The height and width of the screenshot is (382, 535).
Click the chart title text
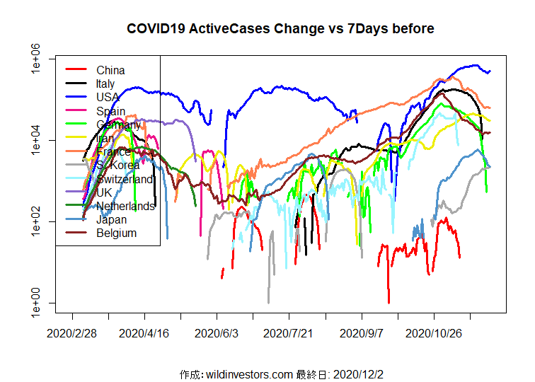click(x=280, y=29)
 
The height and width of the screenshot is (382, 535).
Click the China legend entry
click(x=110, y=70)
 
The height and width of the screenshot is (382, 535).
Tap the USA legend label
click(x=108, y=97)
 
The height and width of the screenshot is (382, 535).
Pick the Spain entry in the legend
click(x=110, y=111)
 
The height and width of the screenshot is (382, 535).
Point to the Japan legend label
click(x=113, y=219)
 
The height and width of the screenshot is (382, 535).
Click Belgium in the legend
click(x=116, y=233)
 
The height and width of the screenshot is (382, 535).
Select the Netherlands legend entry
click(x=125, y=206)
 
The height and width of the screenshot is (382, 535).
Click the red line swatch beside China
click(x=76, y=70)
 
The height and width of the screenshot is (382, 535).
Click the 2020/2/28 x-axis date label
click(x=72, y=332)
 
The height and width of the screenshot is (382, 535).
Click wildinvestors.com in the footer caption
click(x=247, y=374)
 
